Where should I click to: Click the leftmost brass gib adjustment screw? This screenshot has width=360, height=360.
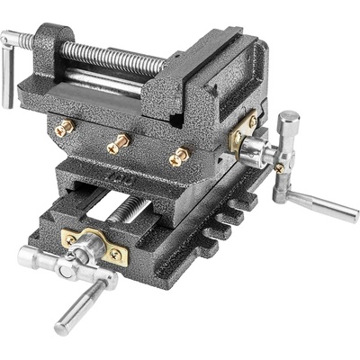tap(63, 129)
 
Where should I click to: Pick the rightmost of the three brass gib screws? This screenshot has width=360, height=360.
tap(177, 157)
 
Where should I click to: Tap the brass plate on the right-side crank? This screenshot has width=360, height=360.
tap(245, 135)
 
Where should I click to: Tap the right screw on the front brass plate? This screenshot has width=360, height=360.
tap(114, 255)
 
